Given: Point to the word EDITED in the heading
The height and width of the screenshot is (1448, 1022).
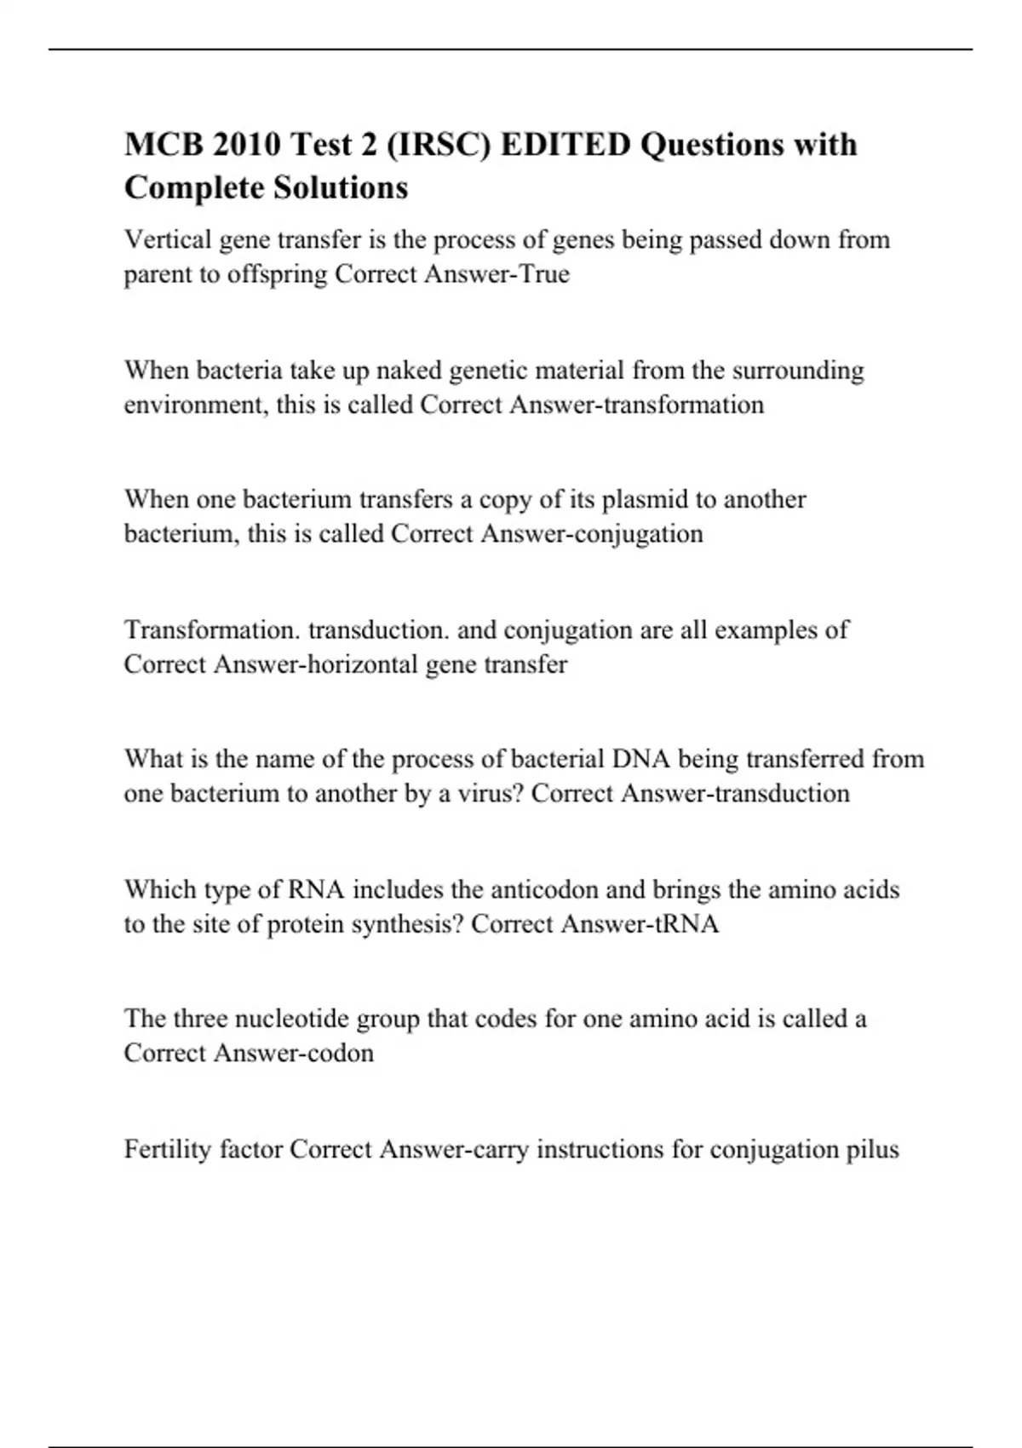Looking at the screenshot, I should click(x=566, y=145).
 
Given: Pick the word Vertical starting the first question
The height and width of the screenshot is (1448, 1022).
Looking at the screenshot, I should click(x=168, y=239).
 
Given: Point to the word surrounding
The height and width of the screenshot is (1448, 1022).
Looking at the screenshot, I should click(x=798, y=371).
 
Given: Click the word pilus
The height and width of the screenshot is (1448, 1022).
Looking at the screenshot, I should click(x=872, y=1149).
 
